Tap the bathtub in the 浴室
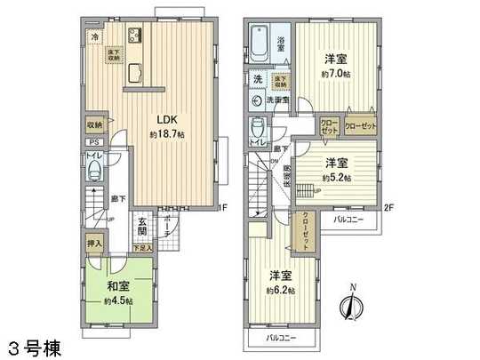(x=261, y=43)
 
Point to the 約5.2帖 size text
(x=337, y=178)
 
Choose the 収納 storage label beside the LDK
(x=94, y=125)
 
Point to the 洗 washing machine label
(x=256, y=79)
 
